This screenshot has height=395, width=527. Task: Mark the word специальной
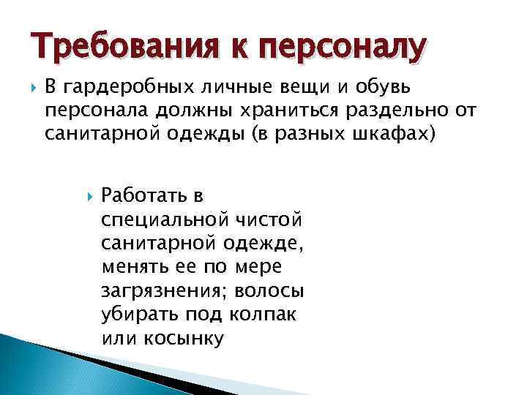pos(165,220)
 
